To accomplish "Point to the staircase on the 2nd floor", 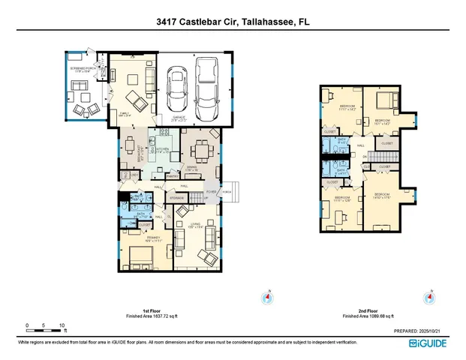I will click(x=368, y=156).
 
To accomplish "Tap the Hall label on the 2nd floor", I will click(x=361, y=145).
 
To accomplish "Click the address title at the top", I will click(x=233, y=23).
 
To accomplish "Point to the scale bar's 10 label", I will click(x=62, y=325).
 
